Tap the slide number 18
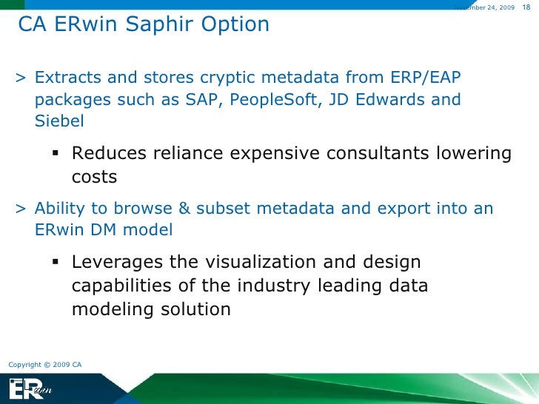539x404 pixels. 527,7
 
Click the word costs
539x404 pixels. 94,178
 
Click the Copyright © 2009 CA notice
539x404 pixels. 44,364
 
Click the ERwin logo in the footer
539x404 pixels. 27,389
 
